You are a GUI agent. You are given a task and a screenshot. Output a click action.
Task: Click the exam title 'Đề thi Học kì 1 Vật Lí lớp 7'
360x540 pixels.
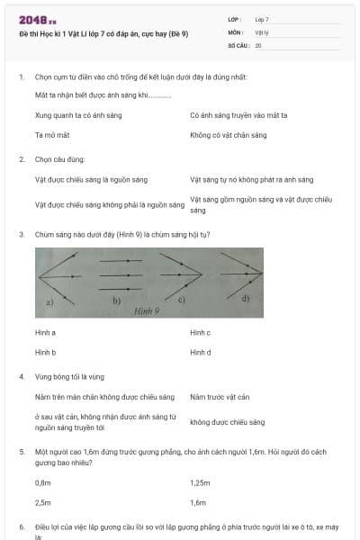103,32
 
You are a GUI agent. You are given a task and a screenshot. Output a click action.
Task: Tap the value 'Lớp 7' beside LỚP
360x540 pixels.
262,19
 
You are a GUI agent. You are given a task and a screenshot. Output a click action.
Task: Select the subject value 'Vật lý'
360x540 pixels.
262,31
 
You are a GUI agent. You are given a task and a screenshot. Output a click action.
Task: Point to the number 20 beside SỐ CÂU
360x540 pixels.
258,44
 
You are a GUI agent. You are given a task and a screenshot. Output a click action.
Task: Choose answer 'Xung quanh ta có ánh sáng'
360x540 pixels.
78,115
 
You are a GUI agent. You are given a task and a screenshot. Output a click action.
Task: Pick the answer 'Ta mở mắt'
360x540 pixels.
52,135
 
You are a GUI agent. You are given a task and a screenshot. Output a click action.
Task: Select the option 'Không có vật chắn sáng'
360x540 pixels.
229,135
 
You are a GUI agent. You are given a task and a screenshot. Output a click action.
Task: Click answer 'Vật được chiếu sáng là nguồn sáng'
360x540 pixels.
91,180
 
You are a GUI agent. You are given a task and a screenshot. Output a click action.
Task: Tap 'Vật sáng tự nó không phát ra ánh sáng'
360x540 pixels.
251,180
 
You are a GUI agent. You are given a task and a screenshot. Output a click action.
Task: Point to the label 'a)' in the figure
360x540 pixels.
50,301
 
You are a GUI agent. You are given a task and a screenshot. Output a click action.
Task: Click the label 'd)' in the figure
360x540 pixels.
246,296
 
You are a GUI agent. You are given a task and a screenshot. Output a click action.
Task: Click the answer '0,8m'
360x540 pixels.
42,482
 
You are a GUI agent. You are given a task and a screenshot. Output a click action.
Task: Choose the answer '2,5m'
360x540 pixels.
42,502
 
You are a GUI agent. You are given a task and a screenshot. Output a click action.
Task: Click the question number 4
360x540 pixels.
22,376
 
